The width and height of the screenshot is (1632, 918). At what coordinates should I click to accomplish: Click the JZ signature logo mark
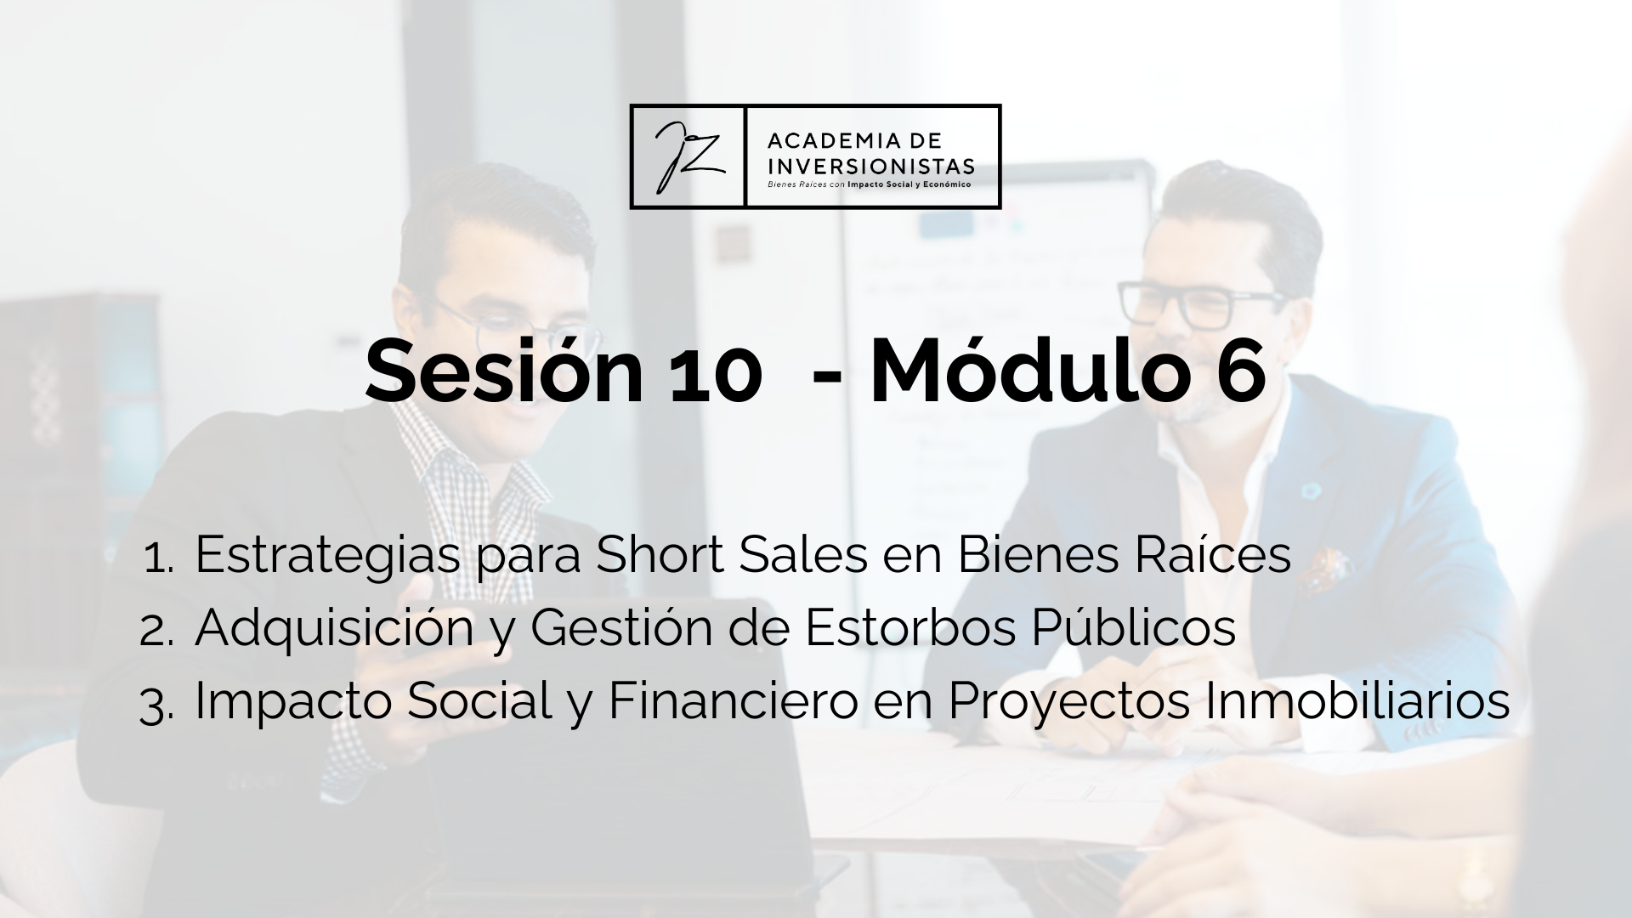pyautogui.click(x=688, y=156)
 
